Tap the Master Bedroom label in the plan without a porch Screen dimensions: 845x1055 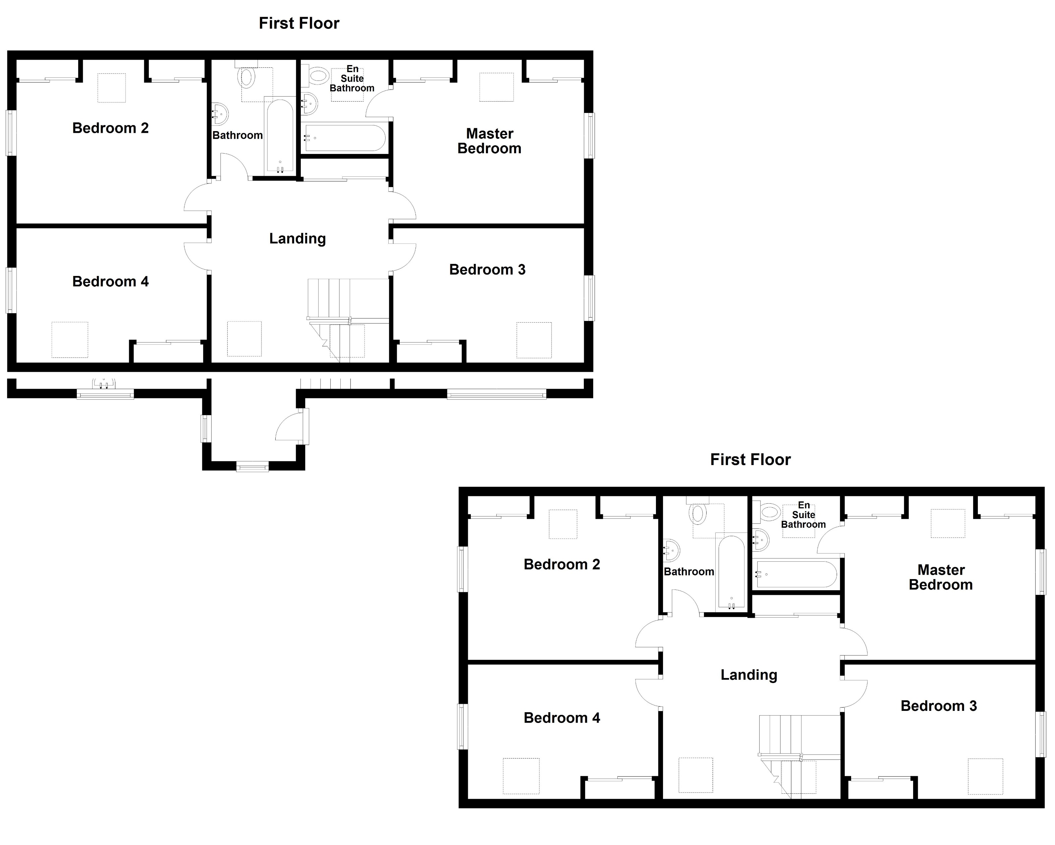[x=941, y=577]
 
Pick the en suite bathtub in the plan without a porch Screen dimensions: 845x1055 [x=796, y=574]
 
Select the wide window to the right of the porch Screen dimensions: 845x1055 [x=496, y=394]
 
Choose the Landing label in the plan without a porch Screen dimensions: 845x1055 [x=749, y=675]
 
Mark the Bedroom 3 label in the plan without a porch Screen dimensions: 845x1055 [x=939, y=706]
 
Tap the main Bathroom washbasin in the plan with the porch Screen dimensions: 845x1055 [x=220, y=114]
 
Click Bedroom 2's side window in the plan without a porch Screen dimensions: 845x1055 [x=462, y=569]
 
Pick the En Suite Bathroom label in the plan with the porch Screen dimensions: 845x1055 [x=352, y=79]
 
